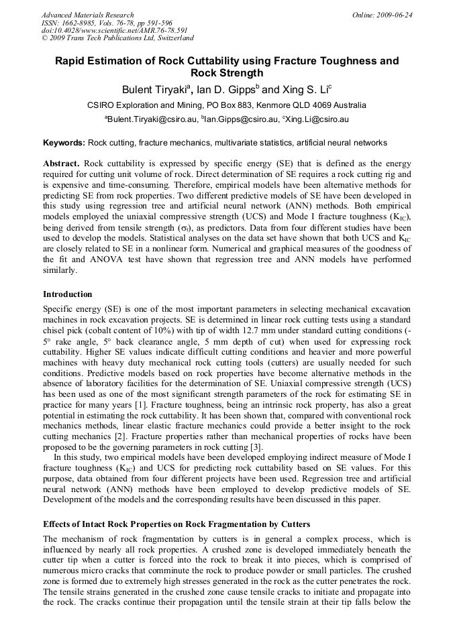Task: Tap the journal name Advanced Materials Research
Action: [x=87, y=14]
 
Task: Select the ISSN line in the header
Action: [x=107, y=22]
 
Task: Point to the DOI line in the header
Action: [x=115, y=30]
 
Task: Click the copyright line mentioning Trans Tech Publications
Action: [x=117, y=38]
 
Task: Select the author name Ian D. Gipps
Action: [x=225, y=89]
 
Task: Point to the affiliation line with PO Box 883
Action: [x=227, y=105]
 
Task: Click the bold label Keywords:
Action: [x=64, y=143]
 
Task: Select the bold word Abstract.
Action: [x=61, y=164]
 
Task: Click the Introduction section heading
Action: [x=68, y=294]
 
